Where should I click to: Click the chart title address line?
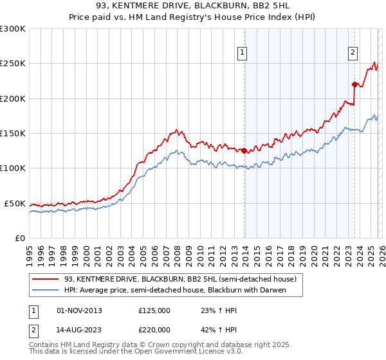pos(193,6)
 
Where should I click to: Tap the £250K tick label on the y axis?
pos(13,64)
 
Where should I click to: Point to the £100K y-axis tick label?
pos(13,168)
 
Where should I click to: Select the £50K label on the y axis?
pos(15,203)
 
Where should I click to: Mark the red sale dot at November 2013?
pos(244,151)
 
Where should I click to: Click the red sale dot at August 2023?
pos(354,84)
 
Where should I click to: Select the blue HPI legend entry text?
pos(174,290)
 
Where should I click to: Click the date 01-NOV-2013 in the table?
pos(79,310)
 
